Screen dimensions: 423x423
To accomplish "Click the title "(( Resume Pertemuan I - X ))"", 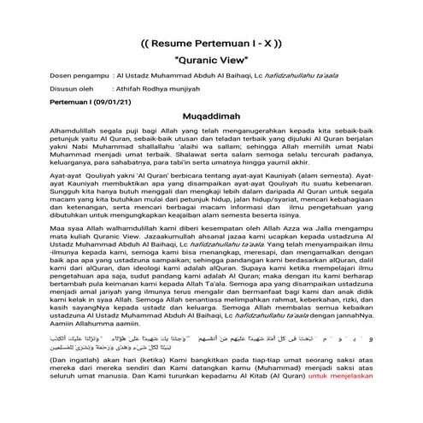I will [x=210, y=43].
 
